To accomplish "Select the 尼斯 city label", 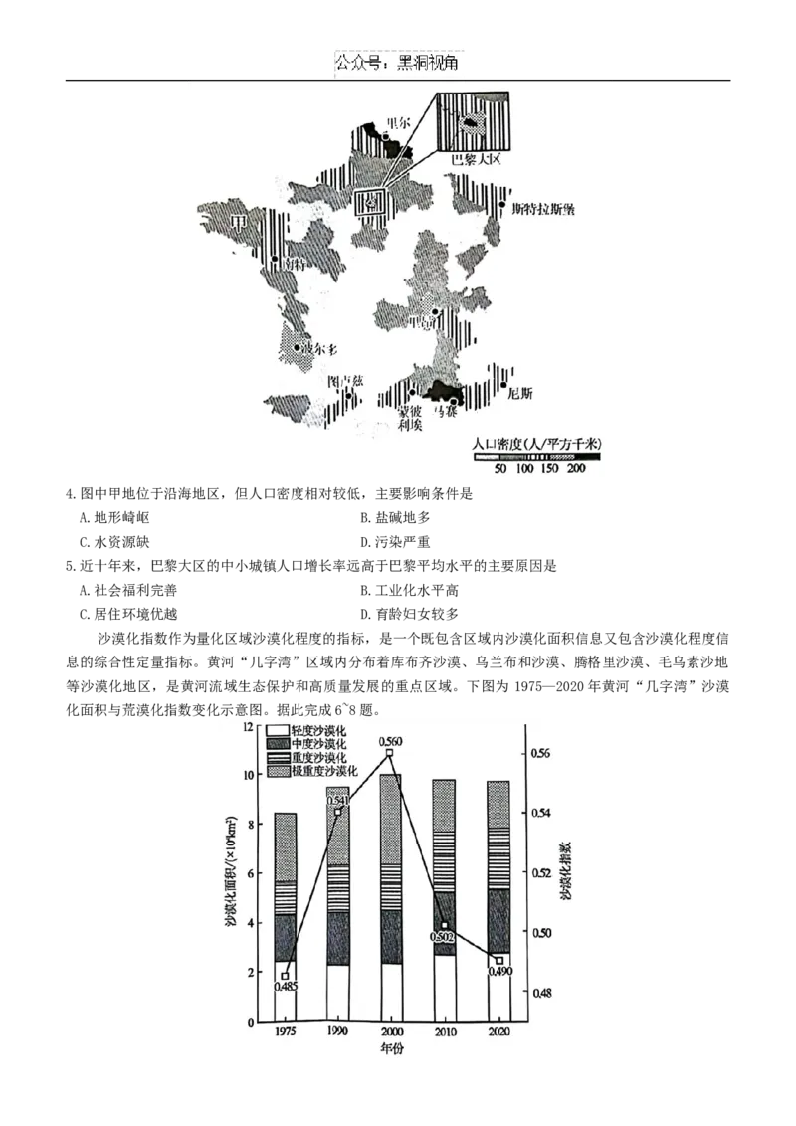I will click(x=520, y=393).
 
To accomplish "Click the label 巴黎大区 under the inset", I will click(x=474, y=159).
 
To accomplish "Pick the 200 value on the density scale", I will click(x=576, y=468).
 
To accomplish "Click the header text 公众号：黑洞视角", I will click(x=397, y=63).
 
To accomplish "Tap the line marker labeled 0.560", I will click(x=390, y=753).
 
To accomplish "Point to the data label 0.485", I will click(x=286, y=987).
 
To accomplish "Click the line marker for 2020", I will click(x=499, y=961).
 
